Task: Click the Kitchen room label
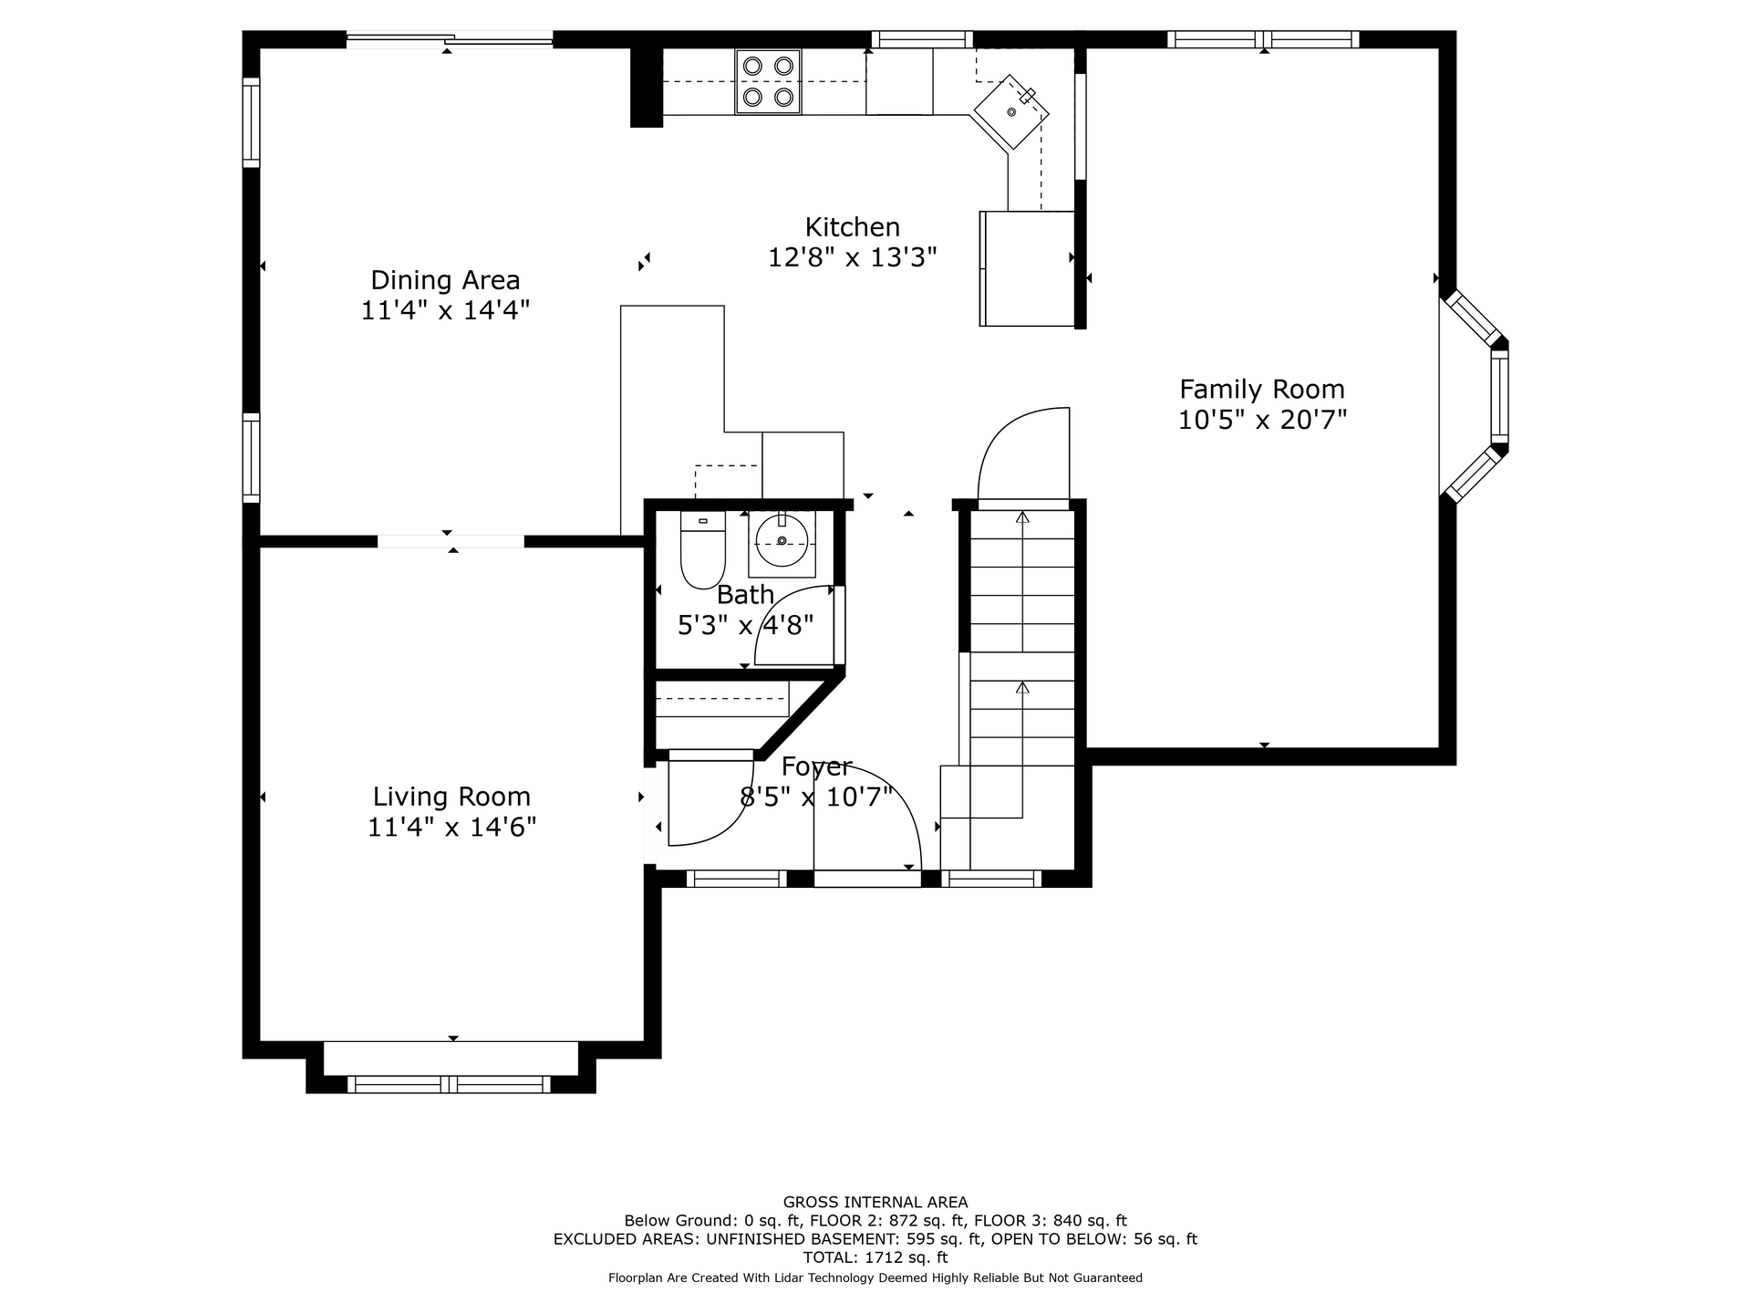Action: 852,227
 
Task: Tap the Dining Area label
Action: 445,280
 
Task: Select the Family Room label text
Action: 1262,390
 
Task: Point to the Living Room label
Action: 451,798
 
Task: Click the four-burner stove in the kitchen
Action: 768,81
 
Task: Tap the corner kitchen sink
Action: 1011,112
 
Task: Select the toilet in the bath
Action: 702,549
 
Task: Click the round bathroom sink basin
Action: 782,541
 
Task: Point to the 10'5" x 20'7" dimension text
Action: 1262,420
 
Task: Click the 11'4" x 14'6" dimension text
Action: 451,828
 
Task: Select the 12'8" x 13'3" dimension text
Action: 852,258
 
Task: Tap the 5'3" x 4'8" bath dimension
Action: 745,626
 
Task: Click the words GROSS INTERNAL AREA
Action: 875,1203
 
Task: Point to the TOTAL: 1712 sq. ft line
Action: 875,1257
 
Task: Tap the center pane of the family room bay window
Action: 1499,397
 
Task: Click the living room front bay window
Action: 449,1084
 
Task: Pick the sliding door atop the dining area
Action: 449,39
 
